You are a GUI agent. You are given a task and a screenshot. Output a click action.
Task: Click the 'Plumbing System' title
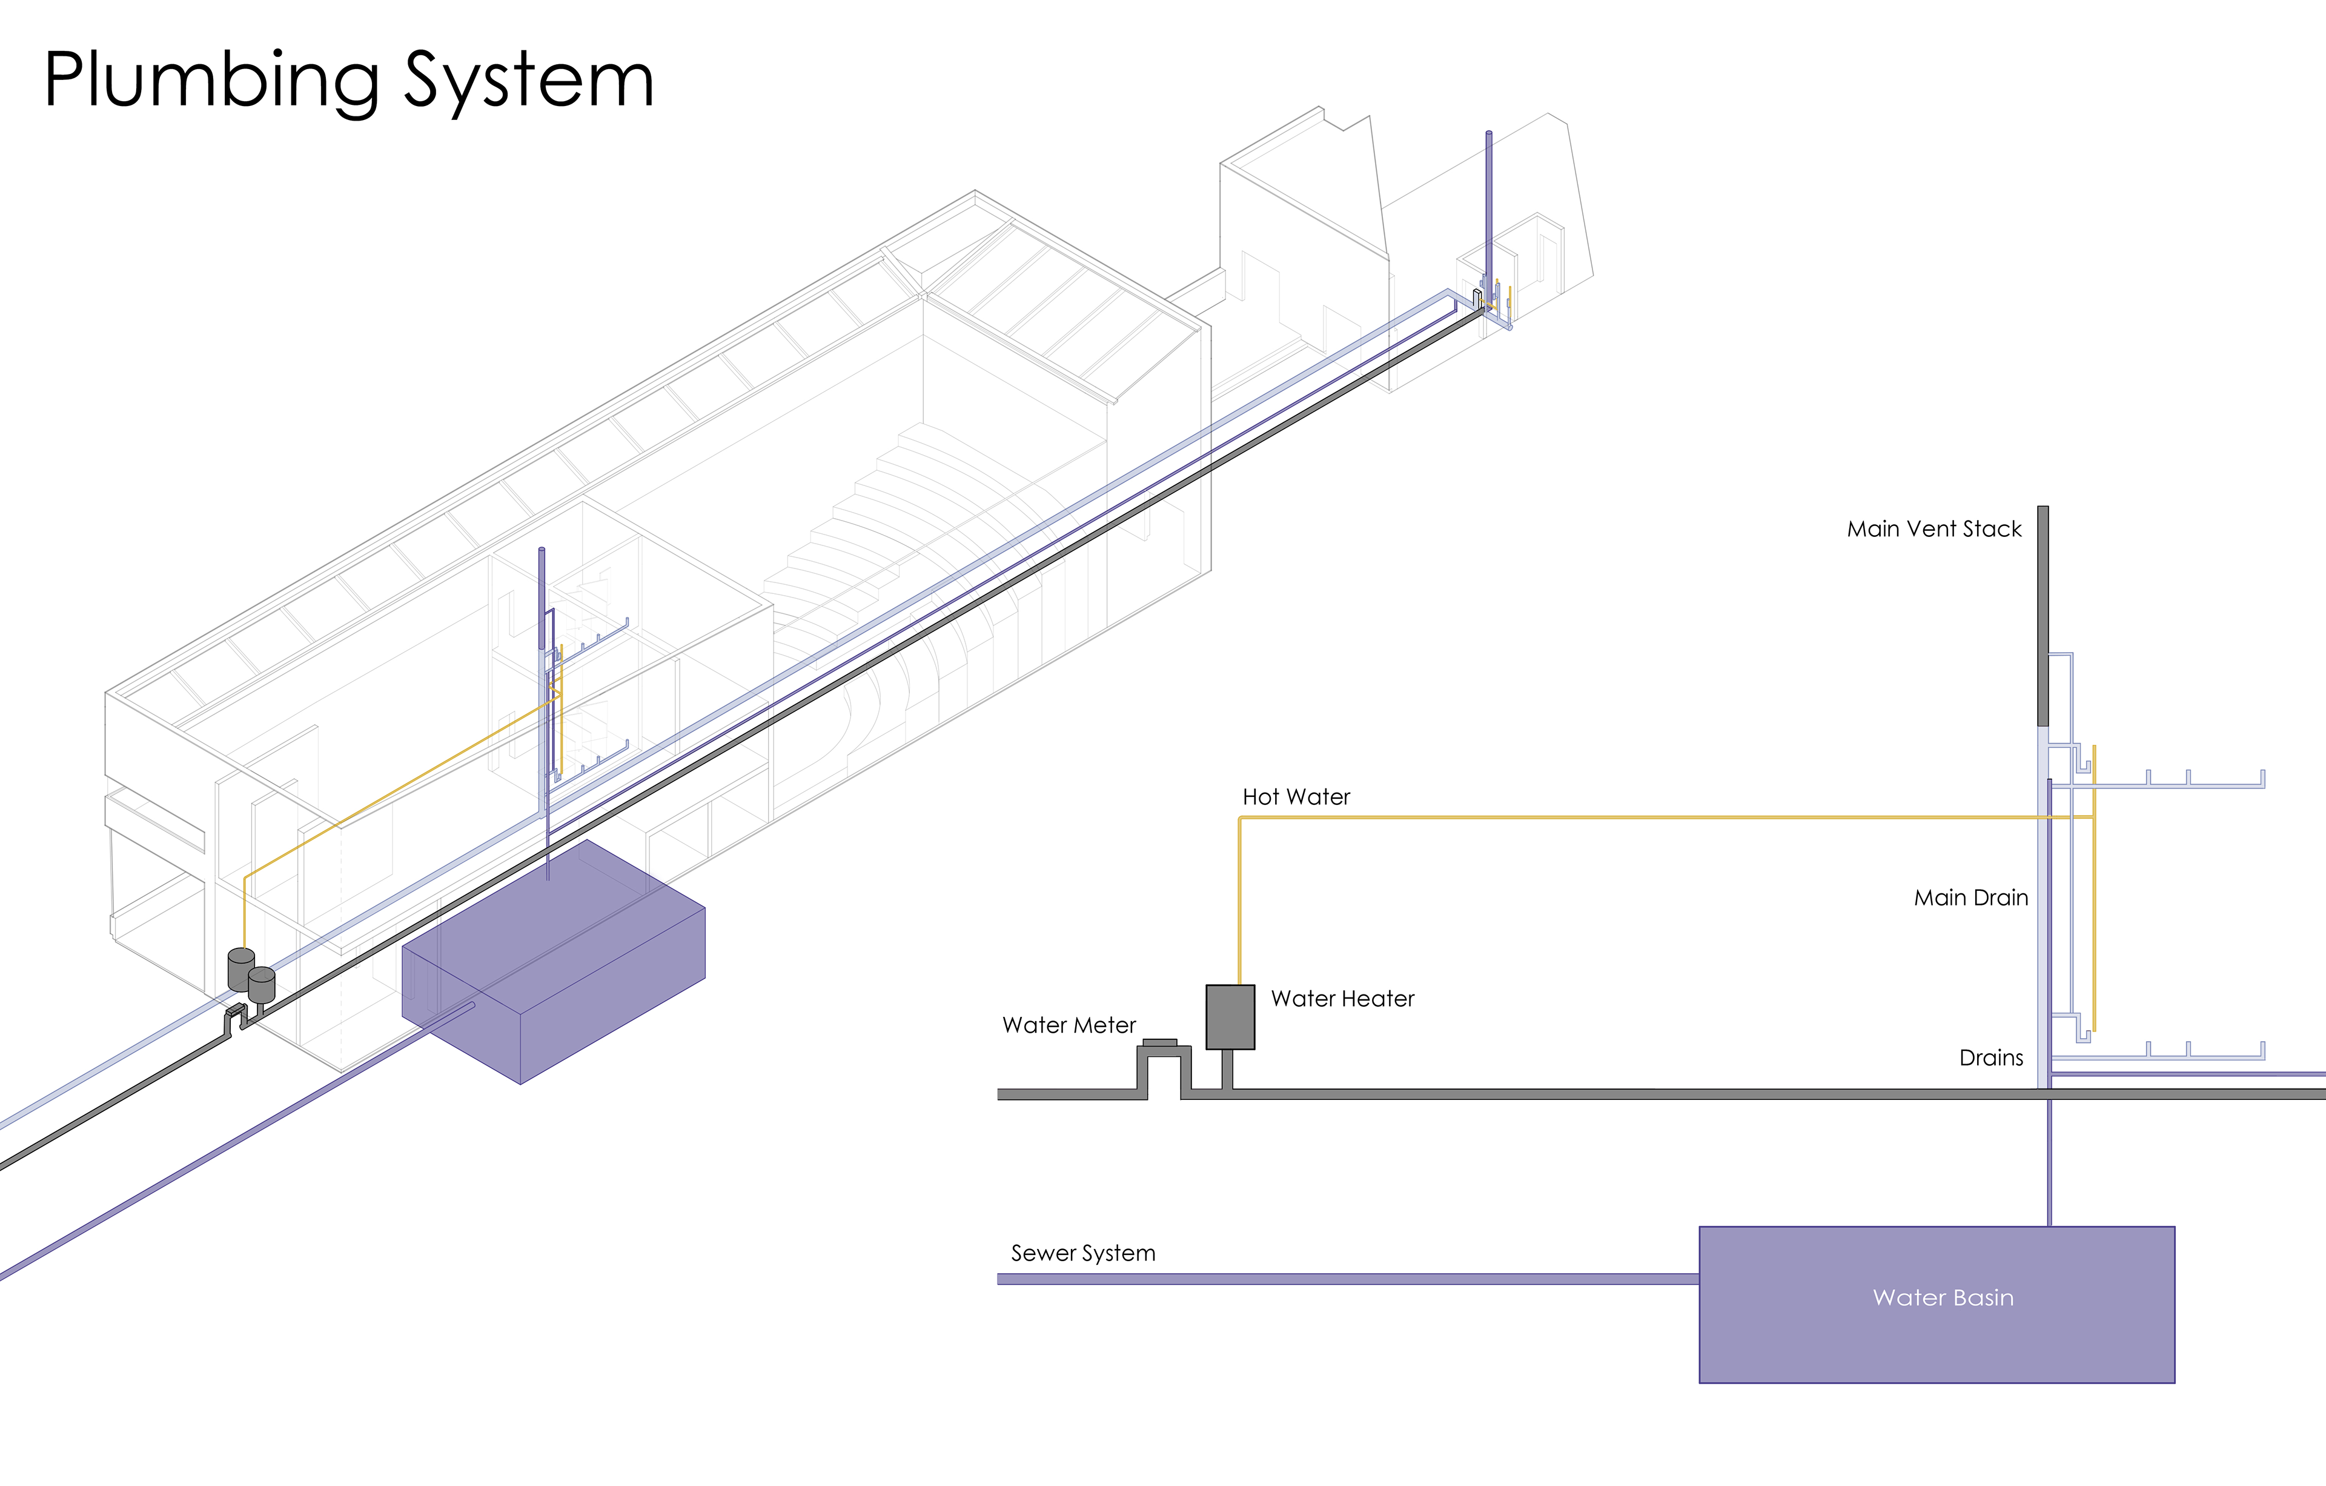349,81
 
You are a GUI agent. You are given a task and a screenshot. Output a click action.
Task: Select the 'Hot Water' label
1295,797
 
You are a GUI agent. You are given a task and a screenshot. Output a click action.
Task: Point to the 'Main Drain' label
1970,898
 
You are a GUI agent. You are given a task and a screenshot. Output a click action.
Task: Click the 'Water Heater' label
1342,999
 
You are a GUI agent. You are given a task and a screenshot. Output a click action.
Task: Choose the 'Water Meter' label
1069,1025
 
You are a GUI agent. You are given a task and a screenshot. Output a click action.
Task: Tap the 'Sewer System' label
1083,1253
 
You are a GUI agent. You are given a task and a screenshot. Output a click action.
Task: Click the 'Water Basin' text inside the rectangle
1943,1298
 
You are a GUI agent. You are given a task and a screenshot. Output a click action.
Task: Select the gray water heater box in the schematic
1230,1016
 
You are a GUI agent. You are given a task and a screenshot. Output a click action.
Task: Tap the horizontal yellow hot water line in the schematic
1642,818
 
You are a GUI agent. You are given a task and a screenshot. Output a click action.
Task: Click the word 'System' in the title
528,81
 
